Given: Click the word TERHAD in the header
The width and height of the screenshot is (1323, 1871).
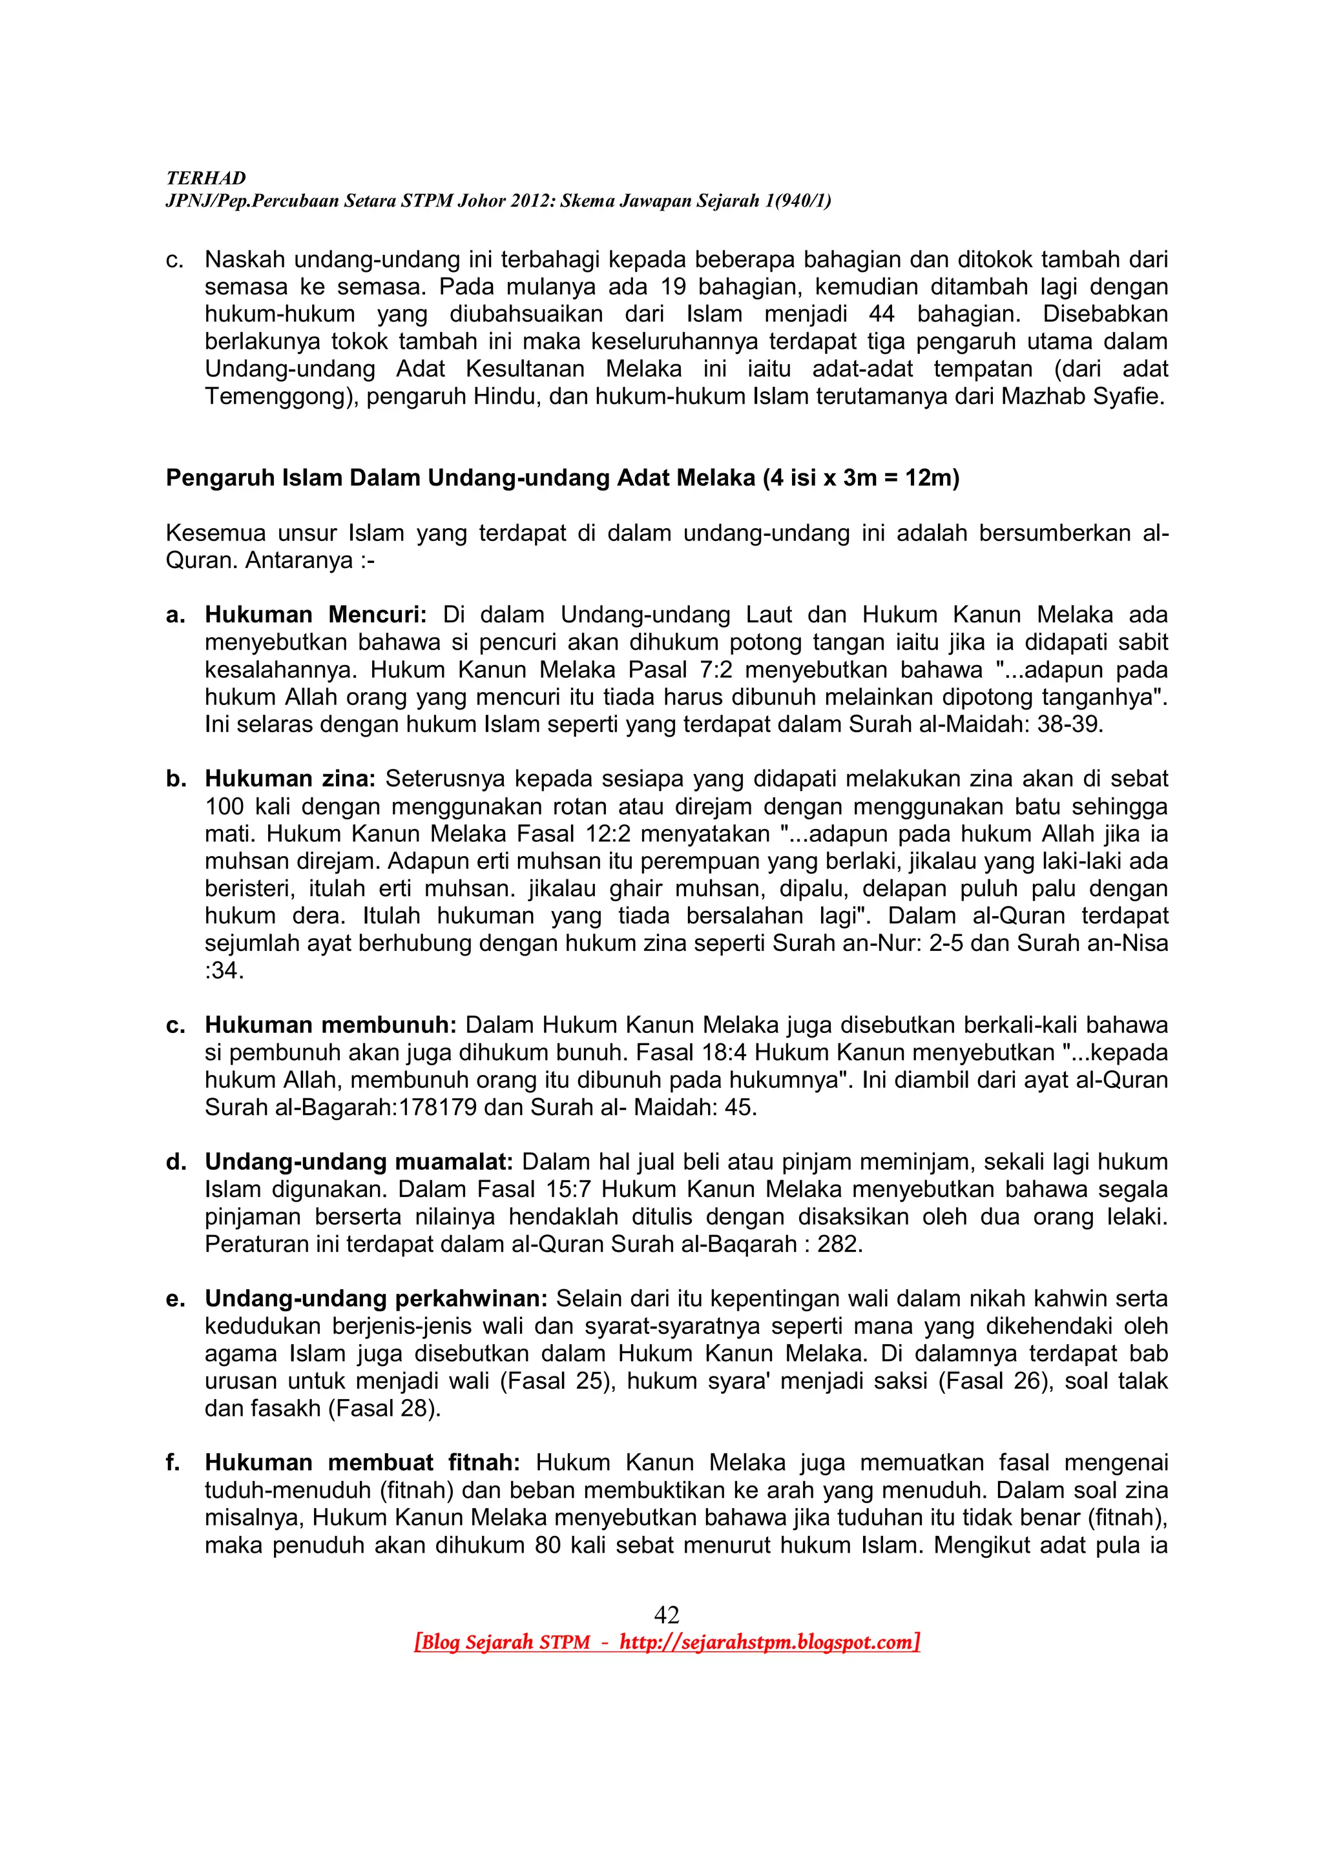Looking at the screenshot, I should pyautogui.click(x=205, y=178).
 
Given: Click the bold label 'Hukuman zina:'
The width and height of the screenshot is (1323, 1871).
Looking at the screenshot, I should pyautogui.click(x=289, y=779).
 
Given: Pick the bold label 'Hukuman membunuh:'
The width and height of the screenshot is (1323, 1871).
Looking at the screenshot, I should pyautogui.click(x=330, y=1025).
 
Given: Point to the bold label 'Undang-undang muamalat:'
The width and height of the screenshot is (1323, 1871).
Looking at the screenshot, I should pyautogui.click(x=359, y=1162).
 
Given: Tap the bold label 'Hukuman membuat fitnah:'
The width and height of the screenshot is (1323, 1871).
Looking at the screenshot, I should pyautogui.click(x=368, y=1463).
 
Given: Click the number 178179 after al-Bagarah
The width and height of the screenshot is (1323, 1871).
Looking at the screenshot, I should pyautogui.click(x=438, y=1107).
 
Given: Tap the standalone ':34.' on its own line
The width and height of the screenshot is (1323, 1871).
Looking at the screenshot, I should pyautogui.click(x=224, y=970).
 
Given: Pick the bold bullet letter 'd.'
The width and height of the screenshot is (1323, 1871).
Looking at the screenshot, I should pyautogui.click(x=176, y=1162).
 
